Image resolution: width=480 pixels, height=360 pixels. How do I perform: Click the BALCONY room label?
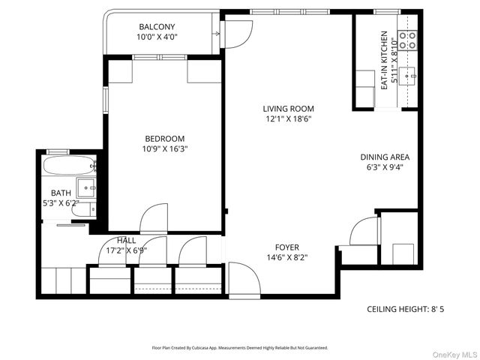coord(157,27)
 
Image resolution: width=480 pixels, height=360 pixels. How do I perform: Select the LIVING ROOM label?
coord(288,109)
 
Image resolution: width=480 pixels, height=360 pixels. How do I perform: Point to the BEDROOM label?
coord(165,138)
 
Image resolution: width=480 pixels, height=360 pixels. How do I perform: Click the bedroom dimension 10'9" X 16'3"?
coord(165,148)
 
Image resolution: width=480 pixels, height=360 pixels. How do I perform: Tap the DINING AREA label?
coord(385,157)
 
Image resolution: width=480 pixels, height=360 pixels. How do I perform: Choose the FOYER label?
coord(286,247)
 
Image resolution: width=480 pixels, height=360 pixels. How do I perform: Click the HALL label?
coord(126,241)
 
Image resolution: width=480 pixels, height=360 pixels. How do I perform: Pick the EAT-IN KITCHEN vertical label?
coord(384,61)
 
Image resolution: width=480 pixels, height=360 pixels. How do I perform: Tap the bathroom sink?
coord(86,187)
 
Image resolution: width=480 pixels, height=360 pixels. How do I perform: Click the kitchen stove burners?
coord(407,40)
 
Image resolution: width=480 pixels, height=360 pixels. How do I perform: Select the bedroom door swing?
coord(154,217)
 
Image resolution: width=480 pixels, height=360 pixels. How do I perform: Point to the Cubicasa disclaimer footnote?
coord(240,348)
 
